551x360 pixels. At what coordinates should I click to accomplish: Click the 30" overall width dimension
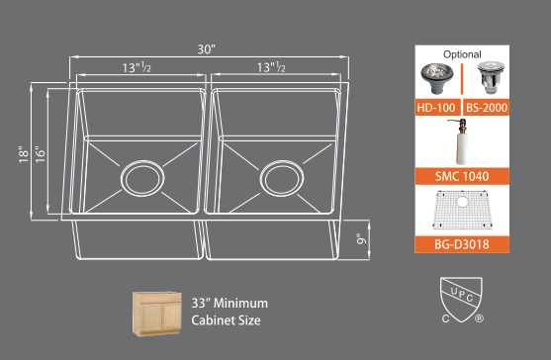point(206,49)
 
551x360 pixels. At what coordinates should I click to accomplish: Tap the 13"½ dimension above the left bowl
point(137,67)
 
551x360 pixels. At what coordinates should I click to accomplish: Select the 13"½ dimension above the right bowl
point(271,66)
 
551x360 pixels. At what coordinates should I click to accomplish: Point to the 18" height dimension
point(24,154)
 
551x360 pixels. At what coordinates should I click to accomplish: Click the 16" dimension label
point(40,154)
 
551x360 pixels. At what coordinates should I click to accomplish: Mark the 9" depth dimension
point(361,238)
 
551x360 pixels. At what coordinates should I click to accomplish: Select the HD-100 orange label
point(437,108)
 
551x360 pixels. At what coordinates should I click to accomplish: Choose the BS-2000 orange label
point(487,108)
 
